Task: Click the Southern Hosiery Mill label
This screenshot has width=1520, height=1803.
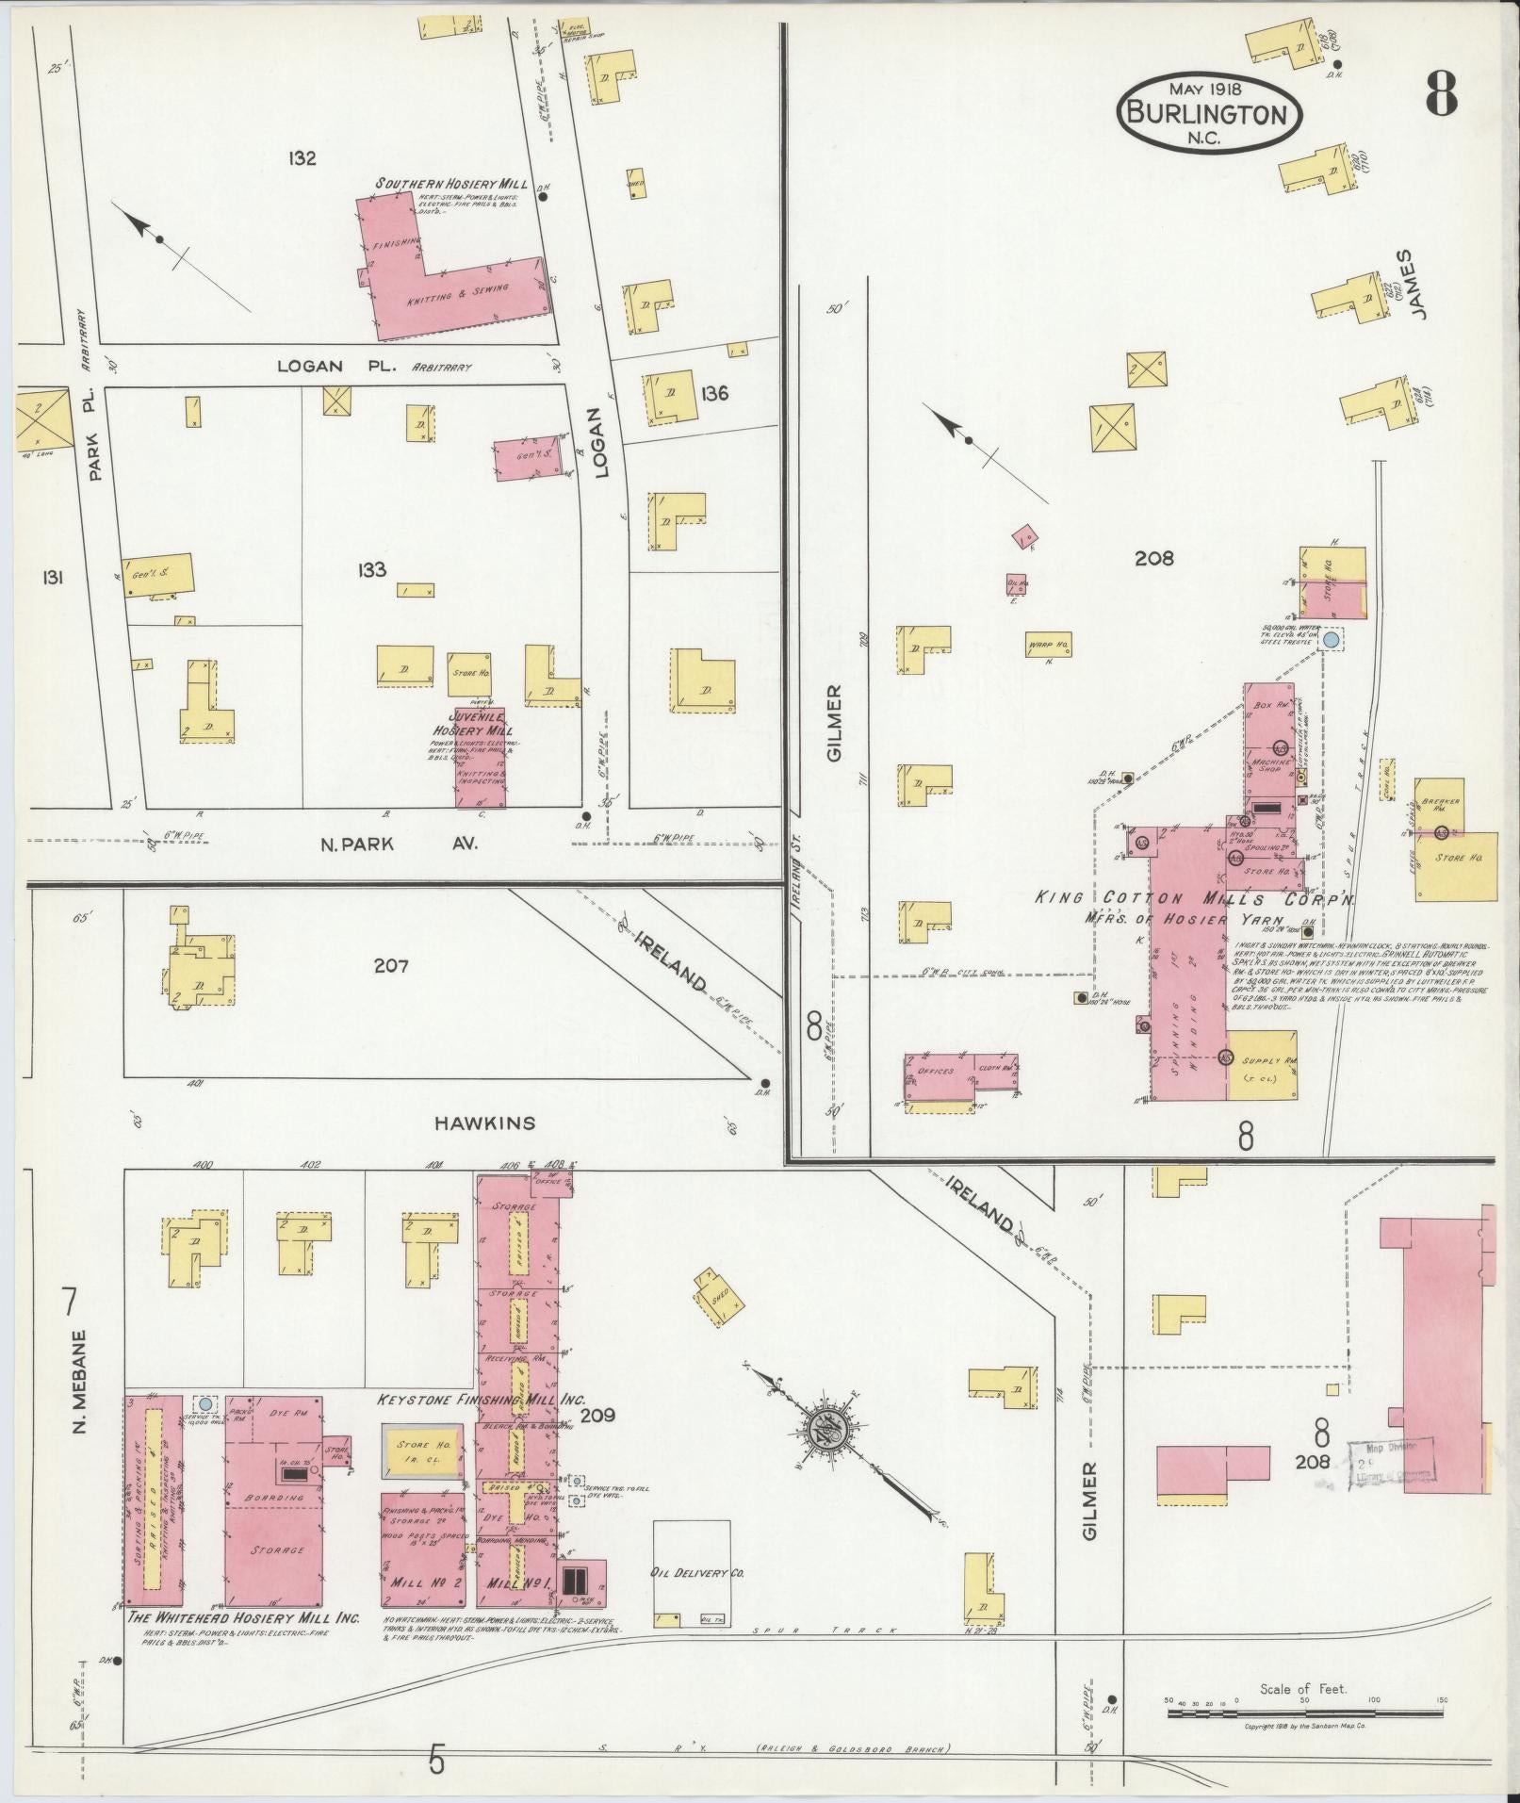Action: (451, 184)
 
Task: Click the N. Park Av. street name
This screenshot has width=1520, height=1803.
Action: (398, 844)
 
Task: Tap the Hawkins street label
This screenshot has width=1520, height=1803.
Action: (484, 1123)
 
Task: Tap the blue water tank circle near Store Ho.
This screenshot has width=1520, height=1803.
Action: (1330, 640)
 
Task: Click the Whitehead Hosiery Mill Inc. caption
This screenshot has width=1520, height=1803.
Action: (243, 1617)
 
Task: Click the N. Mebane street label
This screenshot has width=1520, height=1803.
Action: (78, 1383)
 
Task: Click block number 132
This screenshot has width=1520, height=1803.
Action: (302, 158)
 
